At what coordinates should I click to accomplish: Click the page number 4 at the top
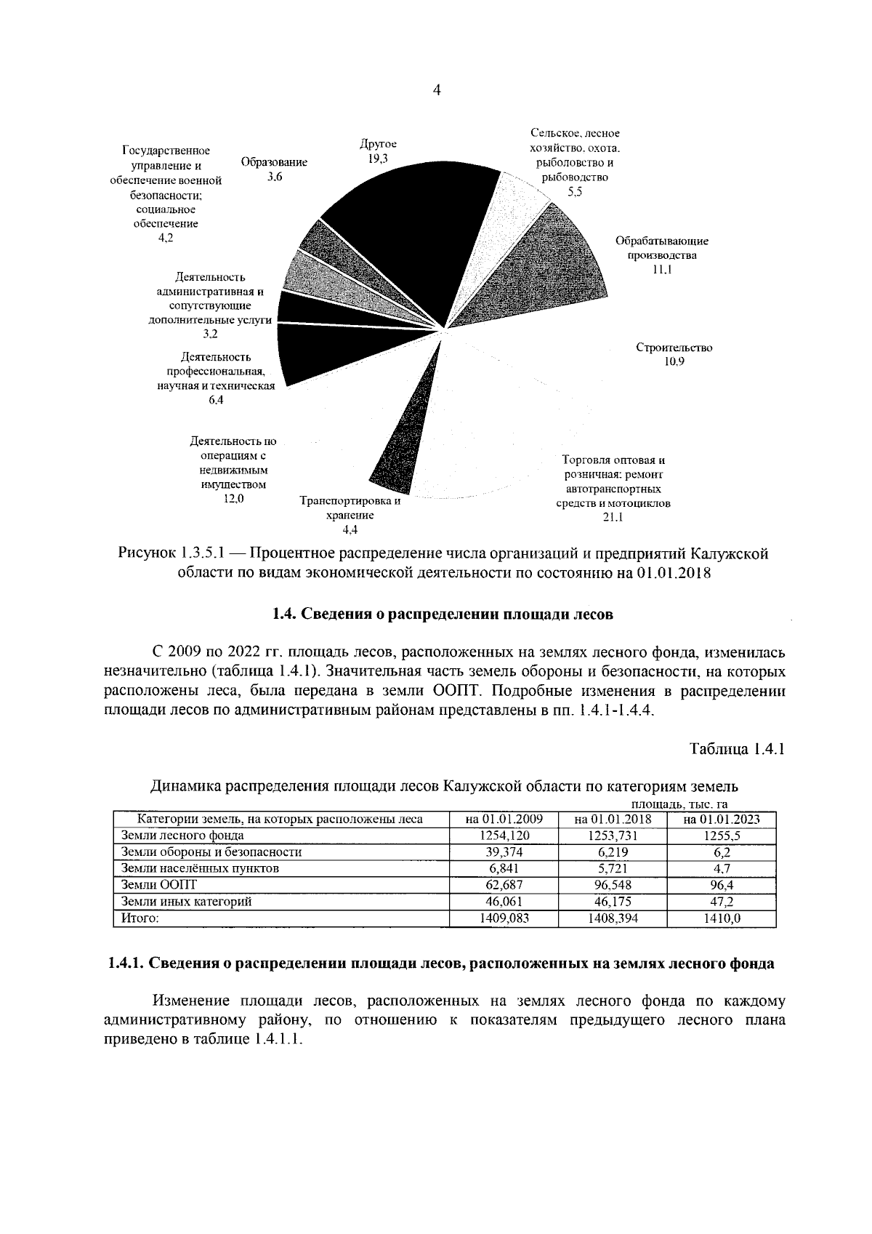(x=436, y=90)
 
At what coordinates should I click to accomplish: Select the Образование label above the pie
(x=274, y=162)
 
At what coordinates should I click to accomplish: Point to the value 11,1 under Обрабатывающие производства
(x=662, y=270)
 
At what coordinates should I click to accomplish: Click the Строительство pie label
(x=674, y=348)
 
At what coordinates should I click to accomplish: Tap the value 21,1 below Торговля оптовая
(x=614, y=517)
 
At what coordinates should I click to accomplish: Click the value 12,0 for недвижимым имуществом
(x=233, y=498)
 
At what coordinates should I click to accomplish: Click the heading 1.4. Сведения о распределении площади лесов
(x=443, y=614)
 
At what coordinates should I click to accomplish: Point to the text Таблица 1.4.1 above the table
(x=737, y=749)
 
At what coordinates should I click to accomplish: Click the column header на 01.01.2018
(x=613, y=820)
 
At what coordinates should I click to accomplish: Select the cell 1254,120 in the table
(x=505, y=836)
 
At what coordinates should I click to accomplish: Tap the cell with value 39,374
(x=505, y=852)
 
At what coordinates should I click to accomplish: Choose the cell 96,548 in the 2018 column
(x=613, y=885)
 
